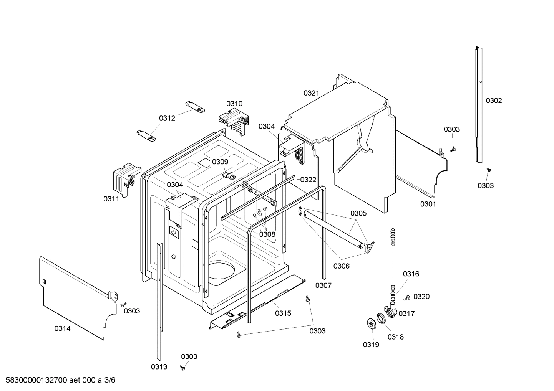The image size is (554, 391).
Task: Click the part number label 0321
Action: coord(311,93)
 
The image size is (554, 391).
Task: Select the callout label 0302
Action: coord(494,101)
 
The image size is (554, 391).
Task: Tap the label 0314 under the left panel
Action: coord(62,328)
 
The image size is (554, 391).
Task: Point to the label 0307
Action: coord(323,285)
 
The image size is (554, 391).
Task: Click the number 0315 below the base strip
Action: coord(283,313)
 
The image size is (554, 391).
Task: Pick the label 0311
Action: coord(111,199)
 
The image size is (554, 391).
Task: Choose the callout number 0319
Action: coord(371,345)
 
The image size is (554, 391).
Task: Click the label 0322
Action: coord(308,180)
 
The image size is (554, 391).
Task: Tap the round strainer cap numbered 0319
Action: coord(371,323)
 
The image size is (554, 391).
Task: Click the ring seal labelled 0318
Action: coord(381,318)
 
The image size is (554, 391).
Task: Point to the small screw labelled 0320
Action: coord(406,297)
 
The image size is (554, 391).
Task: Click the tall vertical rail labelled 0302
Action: coord(478,104)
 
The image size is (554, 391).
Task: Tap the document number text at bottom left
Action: coord(58,380)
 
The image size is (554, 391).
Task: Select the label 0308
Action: coord(267,234)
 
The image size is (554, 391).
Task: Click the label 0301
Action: coord(428,204)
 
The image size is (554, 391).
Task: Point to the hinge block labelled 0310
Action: coord(234,120)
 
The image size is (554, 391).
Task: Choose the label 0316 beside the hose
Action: coord(411,274)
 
